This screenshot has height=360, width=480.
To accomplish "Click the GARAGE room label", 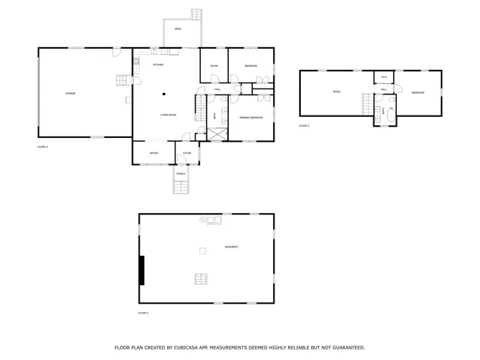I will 70,93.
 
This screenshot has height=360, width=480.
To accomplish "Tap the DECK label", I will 178,29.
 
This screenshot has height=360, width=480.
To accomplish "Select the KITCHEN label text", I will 158,65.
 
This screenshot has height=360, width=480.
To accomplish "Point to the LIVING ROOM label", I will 167,115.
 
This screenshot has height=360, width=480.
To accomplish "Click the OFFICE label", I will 153,153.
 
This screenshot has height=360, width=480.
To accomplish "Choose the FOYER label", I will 187,153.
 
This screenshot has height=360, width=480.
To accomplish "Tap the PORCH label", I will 181,174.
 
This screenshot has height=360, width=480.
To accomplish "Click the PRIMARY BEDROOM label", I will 250,118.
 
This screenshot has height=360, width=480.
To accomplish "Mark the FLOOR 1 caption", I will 143,312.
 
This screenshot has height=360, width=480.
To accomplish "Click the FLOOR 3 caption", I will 304,126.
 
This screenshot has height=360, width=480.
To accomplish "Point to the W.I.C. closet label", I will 383,76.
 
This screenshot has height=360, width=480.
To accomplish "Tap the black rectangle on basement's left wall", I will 142,270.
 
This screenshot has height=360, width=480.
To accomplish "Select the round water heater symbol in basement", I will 202,219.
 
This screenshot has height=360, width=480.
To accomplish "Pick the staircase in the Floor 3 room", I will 367,104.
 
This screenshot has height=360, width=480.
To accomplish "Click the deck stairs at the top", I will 197,14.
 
